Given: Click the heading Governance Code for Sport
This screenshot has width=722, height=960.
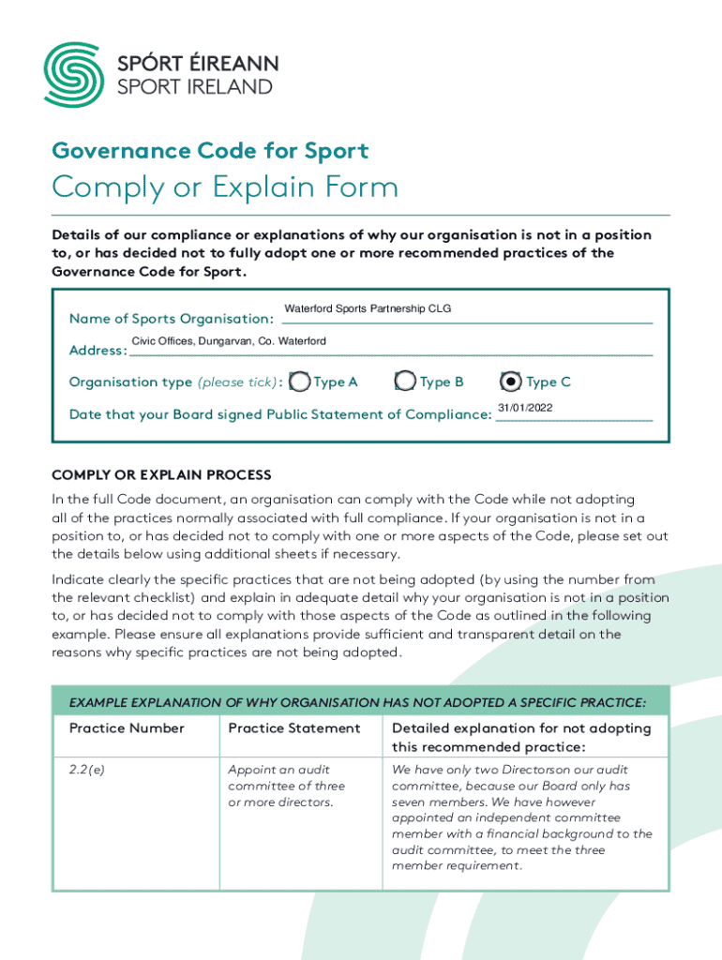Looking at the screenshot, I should [210, 151].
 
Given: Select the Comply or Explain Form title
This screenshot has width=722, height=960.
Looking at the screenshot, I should [225, 187].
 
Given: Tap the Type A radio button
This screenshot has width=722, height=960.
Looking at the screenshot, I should [299, 382].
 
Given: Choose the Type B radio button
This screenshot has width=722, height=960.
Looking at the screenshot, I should [405, 382].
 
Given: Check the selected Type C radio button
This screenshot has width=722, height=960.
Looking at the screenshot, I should [511, 382].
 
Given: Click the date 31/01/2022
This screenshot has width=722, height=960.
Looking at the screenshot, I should [524, 407].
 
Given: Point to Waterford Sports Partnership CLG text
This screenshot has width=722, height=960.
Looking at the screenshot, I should [368, 308].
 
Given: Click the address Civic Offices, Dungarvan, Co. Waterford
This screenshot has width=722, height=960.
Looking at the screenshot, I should [229, 340].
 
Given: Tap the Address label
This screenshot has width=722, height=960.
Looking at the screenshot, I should [98, 351].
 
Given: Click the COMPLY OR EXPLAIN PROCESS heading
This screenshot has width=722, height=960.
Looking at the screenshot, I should [161, 475].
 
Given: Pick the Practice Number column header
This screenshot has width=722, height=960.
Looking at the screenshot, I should [127, 728].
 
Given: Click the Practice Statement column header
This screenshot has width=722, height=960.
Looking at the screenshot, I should [293, 728].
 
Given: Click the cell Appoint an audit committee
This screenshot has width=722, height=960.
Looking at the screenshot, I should [287, 786].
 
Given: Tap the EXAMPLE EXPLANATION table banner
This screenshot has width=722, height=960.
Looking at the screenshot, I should [360, 702].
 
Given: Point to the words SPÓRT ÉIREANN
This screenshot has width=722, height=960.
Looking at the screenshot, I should [197, 64].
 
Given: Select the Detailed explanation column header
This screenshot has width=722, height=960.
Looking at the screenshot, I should [521, 737].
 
